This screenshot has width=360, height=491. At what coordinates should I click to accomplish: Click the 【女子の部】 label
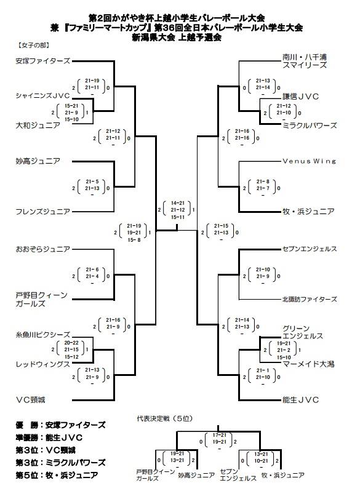[x=33, y=46]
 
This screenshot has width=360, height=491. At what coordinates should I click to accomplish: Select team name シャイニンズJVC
[x=42, y=96]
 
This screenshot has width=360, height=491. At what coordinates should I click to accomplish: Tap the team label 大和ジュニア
[x=38, y=126]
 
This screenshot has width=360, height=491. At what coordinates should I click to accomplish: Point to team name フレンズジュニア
[x=42, y=212]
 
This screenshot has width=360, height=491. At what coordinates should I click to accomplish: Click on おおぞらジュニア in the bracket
[x=42, y=249]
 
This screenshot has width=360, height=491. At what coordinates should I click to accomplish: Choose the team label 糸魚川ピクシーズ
[x=42, y=335]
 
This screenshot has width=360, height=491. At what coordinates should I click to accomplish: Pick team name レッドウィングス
[x=42, y=364]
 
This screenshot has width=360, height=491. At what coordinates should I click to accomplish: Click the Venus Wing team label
[x=310, y=161]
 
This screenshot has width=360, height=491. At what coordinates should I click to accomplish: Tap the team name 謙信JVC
[x=300, y=97]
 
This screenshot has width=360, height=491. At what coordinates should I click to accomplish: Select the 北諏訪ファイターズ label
[x=310, y=300]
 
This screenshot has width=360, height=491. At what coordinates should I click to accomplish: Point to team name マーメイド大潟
[x=309, y=364]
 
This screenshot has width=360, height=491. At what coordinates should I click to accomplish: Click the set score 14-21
[x=178, y=203]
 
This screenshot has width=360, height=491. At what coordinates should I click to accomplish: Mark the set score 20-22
[x=71, y=343]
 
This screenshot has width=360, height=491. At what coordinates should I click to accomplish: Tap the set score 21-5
[x=92, y=182]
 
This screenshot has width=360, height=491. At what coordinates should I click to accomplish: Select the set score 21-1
[x=263, y=370]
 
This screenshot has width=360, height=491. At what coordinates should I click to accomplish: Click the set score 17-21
[x=219, y=435]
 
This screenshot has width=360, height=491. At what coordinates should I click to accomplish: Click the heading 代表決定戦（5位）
[x=164, y=418]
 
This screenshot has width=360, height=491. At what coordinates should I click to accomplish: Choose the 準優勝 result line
[x=49, y=437]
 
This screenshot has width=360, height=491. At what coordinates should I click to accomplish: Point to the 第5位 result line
[x=57, y=475]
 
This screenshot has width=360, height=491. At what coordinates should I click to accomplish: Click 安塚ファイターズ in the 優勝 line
[x=76, y=425]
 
